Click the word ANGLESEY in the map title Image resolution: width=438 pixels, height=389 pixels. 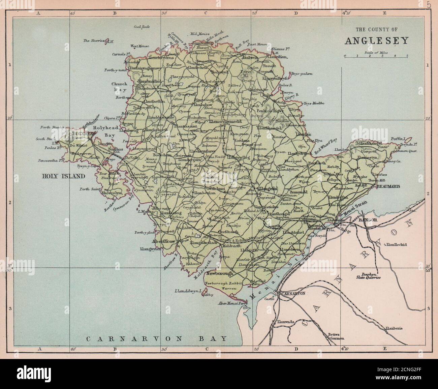click(376, 41)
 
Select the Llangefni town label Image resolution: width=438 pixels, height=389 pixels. click(268, 189)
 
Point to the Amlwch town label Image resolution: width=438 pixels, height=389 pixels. click(250, 57)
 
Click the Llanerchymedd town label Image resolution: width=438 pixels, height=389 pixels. click(225, 121)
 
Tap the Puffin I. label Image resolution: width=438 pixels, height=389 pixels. click(399, 139)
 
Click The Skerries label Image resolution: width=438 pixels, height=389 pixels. click(94, 41)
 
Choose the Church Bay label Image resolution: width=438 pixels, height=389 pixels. click(120, 87)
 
